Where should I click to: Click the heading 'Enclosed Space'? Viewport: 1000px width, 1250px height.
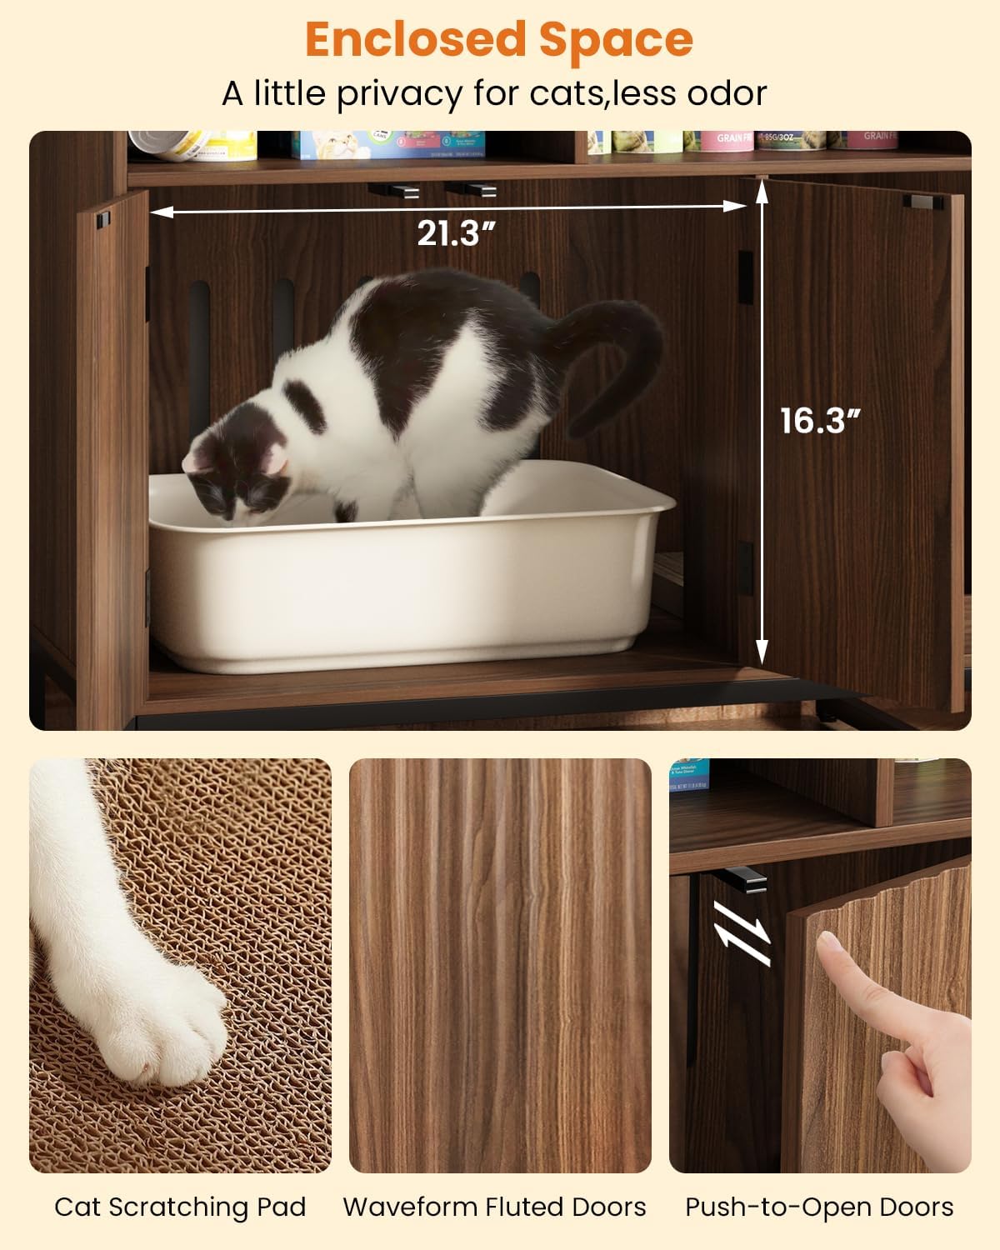coord(499,40)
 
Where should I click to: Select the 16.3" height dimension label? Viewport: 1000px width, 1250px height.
coord(819,421)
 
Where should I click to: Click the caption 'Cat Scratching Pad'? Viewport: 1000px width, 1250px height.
coord(180,1207)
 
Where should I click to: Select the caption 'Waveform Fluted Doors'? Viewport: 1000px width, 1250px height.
coord(494,1207)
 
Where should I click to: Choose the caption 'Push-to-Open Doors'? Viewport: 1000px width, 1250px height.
coord(819,1207)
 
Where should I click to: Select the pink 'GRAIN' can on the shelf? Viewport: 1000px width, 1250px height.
coord(722,141)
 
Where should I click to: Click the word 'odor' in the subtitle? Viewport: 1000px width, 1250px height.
coord(727,94)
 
